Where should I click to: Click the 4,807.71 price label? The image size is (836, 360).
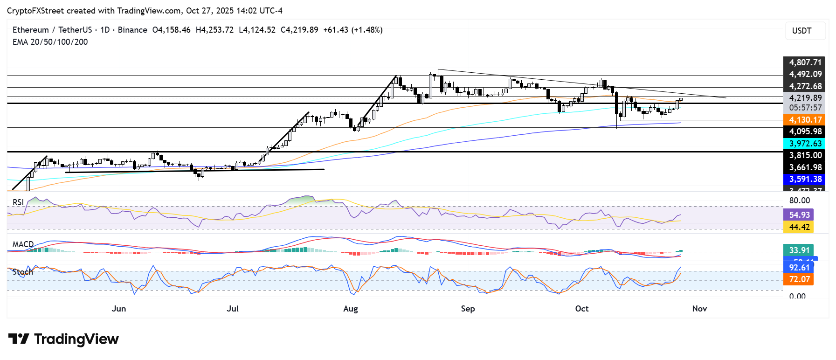(x=805, y=62)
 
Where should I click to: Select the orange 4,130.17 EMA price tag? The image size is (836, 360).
(x=805, y=120)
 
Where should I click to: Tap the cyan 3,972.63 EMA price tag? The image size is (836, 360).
(x=805, y=144)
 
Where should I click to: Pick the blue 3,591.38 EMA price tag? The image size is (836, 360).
(x=805, y=179)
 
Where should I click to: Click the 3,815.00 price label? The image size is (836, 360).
(x=805, y=155)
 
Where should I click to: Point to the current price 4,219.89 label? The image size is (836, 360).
(x=805, y=98)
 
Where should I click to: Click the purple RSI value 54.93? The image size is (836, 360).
(x=799, y=215)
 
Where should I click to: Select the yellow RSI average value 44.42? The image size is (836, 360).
(x=799, y=227)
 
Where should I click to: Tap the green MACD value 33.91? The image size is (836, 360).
(x=799, y=250)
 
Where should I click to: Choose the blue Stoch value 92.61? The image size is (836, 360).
(x=799, y=267)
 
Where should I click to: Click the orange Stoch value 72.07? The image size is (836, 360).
(x=799, y=279)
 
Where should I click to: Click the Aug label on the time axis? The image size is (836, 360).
(x=350, y=309)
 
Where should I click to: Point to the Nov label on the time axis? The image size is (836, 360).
(x=699, y=309)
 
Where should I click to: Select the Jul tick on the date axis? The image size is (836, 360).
(x=232, y=309)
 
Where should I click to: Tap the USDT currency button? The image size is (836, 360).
(x=801, y=31)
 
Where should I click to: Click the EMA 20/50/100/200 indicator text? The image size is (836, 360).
(x=50, y=42)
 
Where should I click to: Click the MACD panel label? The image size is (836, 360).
(x=23, y=244)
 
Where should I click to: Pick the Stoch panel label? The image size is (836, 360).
(x=23, y=272)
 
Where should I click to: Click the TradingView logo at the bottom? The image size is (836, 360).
(x=63, y=339)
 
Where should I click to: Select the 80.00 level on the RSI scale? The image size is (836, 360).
(x=799, y=201)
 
